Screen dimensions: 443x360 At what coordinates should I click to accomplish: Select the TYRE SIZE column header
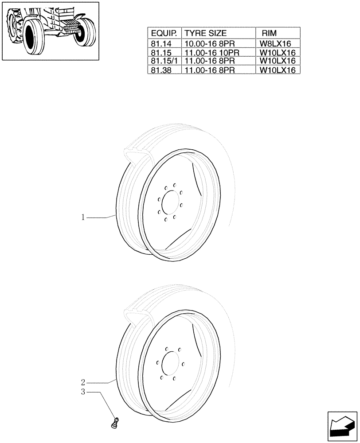pyautogui.click(x=205, y=33)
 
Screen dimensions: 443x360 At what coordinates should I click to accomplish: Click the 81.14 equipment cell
pyautogui.click(x=160, y=44)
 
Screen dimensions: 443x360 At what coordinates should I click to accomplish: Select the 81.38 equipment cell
pyautogui.click(x=160, y=70)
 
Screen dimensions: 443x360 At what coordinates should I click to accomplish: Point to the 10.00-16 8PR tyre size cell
pyautogui.click(x=209, y=44)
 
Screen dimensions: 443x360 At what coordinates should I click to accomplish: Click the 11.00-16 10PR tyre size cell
pyautogui.click(x=212, y=52)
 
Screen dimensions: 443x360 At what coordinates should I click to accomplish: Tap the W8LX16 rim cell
pyautogui.click(x=278, y=44)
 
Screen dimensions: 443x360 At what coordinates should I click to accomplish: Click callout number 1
pyautogui.click(x=83, y=218)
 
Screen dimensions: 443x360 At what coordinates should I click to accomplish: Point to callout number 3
pyautogui.click(x=83, y=392)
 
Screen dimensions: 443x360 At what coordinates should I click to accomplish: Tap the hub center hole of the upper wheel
pyautogui.click(x=169, y=202)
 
